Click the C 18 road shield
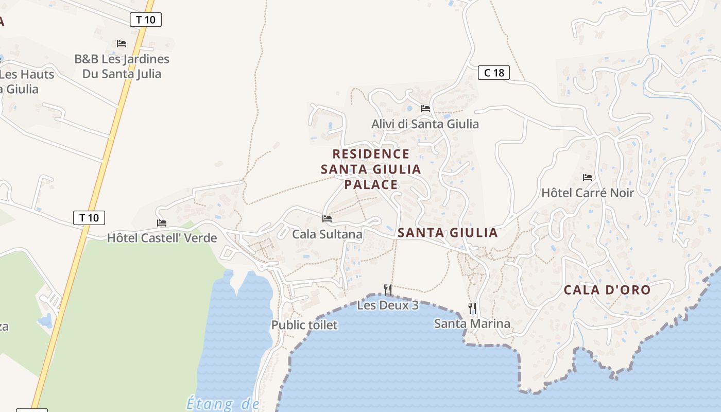click(493, 73)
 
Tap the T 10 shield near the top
click(146, 20)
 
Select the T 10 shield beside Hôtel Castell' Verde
click(89, 218)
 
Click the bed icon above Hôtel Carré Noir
click(588, 178)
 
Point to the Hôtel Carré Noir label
click(588, 193)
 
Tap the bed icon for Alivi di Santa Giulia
click(425, 109)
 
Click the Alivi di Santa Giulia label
click(425, 124)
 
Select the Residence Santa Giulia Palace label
click(371, 169)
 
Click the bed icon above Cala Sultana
click(327, 219)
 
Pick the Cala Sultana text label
click(327, 234)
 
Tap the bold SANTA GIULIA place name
click(448, 233)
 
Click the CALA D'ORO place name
click(607, 290)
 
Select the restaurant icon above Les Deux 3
click(388, 290)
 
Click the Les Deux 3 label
click(388, 305)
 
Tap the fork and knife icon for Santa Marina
click(472, 308)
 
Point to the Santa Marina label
click(472, 323)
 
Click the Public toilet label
click(304, 325)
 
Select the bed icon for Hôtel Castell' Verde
click(162, 223)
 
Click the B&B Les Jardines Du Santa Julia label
click(122, 66)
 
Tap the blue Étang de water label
click(222, 404)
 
